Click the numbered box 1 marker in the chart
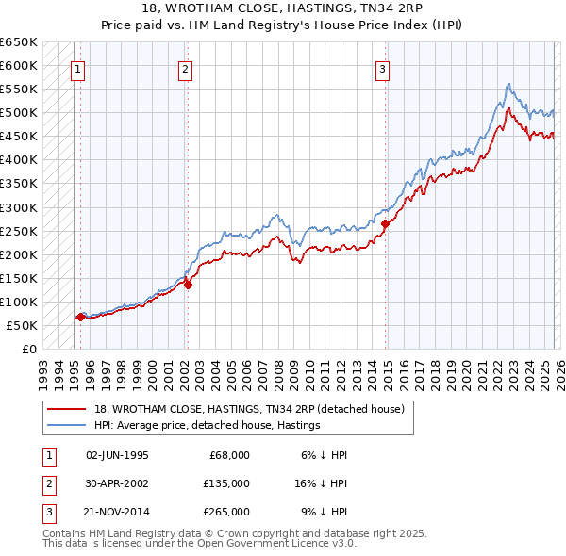pyautogui.click(x=76, y=68)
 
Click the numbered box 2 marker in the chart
pyautogui.click(x=185, y=68)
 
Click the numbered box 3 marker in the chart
pyautogui.click(x=382, y=68)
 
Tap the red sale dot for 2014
pyautogui.click(x=386, y=223)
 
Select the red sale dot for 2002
pyautogui.click(x=189, y=285)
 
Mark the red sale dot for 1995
pyautogui.click(x=80, y=317)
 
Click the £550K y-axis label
pyautogui.click(x=19, y=90)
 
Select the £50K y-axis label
pyautogui.click(x=23, y=325)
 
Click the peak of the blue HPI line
pyautogui.click(x=508, y=84)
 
